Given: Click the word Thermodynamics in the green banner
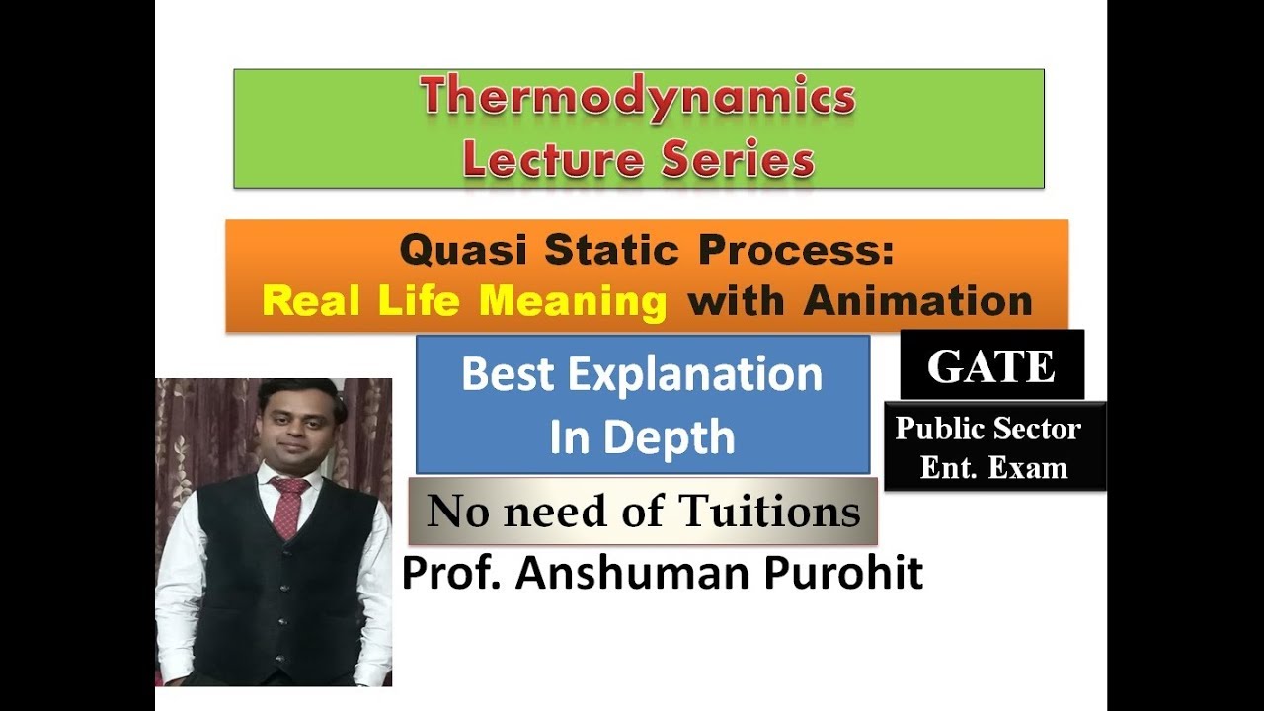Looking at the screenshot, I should point(638,98).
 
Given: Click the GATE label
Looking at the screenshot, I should point(990,366).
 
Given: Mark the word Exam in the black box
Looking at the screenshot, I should point(1031,467).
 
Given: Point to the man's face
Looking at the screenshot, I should point(293,430).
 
